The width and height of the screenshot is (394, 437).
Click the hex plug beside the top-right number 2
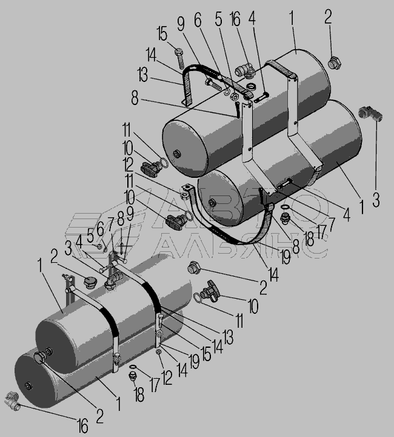[334, 63]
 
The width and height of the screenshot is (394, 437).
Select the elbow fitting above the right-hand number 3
[370, 113]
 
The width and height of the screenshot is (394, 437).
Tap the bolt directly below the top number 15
[179, 58]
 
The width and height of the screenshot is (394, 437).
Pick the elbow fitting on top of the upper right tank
[245, 70]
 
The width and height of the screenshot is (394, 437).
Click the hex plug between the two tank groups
[193, 267]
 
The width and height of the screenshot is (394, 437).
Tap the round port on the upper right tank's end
[176, 154]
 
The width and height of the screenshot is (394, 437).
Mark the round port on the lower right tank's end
[212, 203]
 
